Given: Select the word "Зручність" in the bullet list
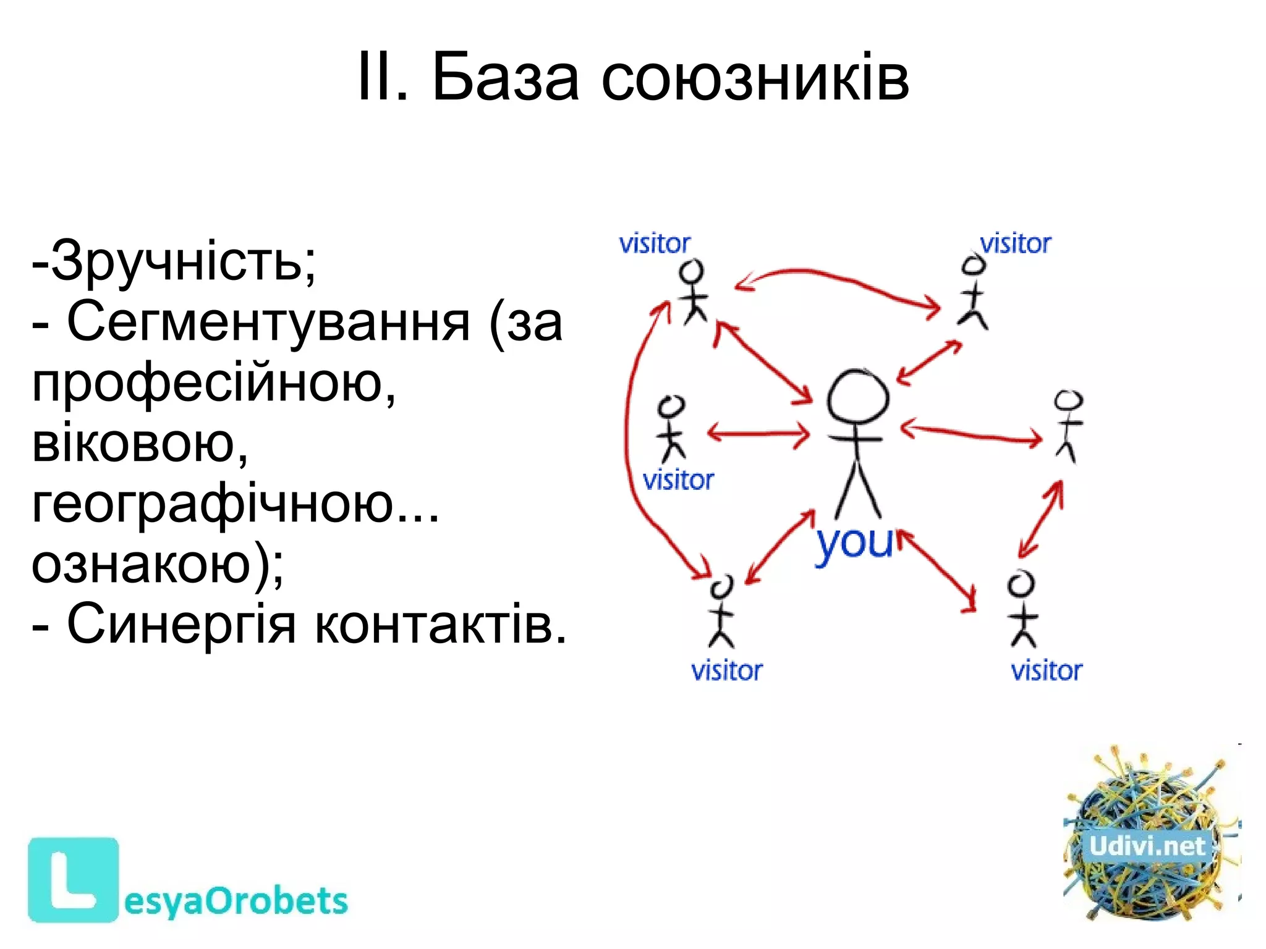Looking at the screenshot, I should [176, 261].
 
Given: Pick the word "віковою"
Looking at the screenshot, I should [139, 443].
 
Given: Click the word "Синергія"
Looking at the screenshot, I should [181, 624].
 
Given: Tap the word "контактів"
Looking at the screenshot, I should [440, 624].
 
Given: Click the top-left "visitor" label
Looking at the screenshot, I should [655, 244].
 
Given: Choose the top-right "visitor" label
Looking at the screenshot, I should [1016, 244].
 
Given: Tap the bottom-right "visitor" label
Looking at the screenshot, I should [1047, 671].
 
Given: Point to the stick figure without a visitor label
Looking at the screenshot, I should [1068, 426].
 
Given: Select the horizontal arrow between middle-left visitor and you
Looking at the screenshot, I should [758, 433].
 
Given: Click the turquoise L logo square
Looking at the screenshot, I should [73, 880].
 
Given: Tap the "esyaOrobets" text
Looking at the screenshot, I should [236, 901].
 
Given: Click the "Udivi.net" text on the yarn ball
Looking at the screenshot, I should [1147, 846].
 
